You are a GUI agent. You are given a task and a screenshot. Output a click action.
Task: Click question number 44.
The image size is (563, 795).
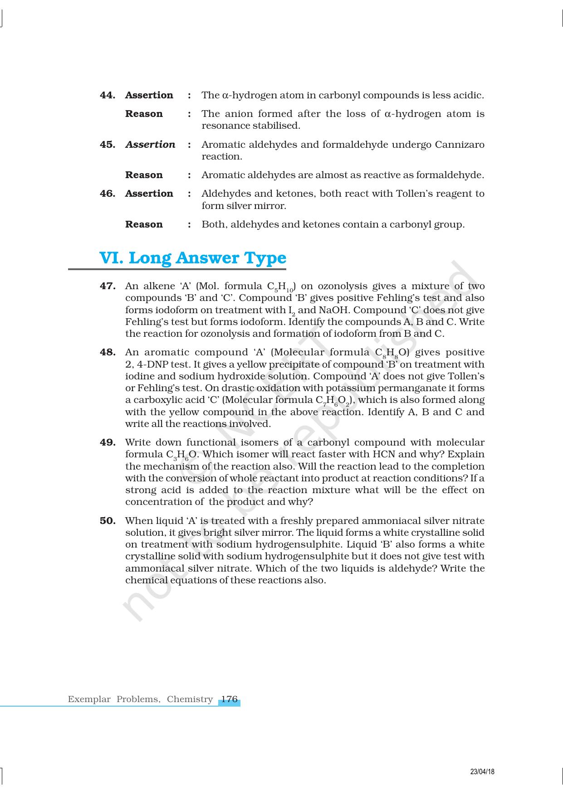pyautogui.click(x=107, y=95)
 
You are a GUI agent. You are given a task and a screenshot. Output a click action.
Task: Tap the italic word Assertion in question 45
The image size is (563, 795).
pyautogui.click(x=150, y=145)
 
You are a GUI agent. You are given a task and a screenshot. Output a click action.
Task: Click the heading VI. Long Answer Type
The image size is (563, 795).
pyautogui.click(x=193, y=258)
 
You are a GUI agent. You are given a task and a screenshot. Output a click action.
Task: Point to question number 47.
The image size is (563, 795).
pyautogui.click(x=108, y=286)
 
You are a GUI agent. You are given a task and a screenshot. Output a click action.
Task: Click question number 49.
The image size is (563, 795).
pyautogui.click(x=108, y=442)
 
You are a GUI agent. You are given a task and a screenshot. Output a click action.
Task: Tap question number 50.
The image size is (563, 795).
pyautogui.click(x=108, y=521)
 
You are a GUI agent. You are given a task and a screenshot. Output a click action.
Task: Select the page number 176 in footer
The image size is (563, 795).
pyautogui.click(x=229, y=699)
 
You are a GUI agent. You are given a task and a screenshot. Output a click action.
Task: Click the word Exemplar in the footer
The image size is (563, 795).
pyautogui.click(x=89, y=699)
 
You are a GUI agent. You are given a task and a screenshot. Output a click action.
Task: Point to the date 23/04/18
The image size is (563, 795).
pyautogui.click(x=482, y=772)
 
